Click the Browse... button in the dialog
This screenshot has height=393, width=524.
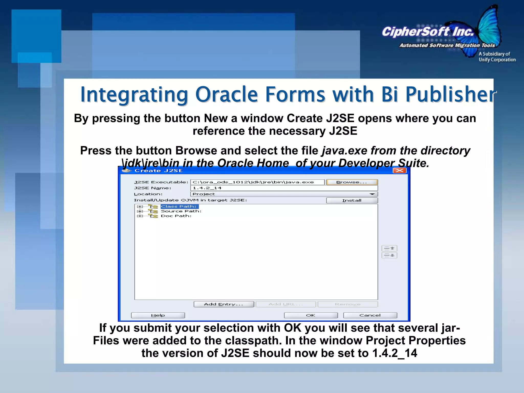point(352,182)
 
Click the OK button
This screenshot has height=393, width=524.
point(311,315)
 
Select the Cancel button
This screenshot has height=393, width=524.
point(370,315)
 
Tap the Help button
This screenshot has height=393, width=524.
point(158,315)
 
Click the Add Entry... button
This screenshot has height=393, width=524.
point(224,304)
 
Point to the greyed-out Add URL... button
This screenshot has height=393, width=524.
point(286,304)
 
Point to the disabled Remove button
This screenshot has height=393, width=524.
point(347,304)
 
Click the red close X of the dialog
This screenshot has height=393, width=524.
point(399,171)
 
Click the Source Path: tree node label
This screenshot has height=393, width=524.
point(181,211)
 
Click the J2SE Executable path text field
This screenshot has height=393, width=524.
point(257,182)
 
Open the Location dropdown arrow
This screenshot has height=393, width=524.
point(372,194)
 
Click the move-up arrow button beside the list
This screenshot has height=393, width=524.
point(389,248)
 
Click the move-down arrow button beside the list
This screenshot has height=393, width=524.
point(389,255)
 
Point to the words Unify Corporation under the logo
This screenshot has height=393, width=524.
point(497,60)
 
